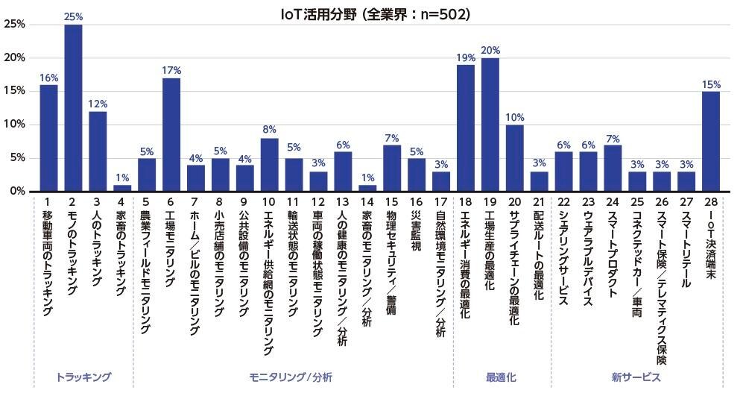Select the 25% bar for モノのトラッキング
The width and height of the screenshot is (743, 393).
(73, 108)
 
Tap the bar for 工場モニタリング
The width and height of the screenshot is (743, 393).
(171, 134)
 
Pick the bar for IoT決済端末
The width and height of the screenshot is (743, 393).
(710, 141)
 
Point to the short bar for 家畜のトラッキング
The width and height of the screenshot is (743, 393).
(122, 188)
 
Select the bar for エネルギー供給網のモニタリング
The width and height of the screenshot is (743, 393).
(270, 165)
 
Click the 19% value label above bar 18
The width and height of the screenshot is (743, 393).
(466, 57)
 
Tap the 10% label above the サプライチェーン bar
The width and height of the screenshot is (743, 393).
(515, 118)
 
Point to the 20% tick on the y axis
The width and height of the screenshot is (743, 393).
(16, 58)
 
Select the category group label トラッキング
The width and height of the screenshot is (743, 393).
(83, 377)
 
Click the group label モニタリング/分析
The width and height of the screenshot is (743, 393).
(291, 377)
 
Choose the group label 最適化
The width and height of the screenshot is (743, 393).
(501, 377)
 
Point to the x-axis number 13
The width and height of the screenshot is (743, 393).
(343, 201)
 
